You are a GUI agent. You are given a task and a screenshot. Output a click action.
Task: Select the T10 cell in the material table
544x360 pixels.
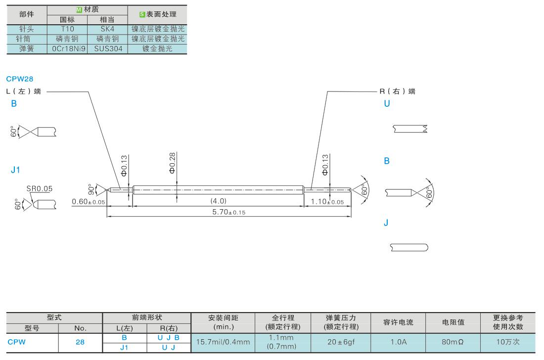point(67,29)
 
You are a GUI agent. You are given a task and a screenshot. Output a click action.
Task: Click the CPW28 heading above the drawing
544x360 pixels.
point(19,79)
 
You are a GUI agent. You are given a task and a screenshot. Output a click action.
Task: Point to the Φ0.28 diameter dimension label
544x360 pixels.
point(172,163)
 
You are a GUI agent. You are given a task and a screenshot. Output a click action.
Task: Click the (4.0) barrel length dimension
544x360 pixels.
point(218,201)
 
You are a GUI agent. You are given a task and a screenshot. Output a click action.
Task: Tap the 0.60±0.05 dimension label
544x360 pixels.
point(89,202)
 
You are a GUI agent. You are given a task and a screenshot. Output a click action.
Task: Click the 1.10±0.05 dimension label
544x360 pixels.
point(327,202)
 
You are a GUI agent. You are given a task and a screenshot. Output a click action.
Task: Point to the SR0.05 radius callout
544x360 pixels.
point(40,188)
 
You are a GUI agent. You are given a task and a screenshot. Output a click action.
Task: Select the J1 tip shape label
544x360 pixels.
point(15,170)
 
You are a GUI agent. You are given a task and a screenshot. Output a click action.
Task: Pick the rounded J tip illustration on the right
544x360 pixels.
point(409,247)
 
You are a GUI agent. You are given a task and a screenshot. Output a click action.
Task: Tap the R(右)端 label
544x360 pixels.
point(397,91)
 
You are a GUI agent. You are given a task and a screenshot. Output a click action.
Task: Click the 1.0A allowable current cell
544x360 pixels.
point(398,342)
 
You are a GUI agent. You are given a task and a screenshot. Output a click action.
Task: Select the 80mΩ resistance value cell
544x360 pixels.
point(453,342)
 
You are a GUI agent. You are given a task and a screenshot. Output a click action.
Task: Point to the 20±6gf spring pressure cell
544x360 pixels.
point(341,342)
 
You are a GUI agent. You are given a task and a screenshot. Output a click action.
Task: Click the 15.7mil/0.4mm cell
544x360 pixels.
point(224,342)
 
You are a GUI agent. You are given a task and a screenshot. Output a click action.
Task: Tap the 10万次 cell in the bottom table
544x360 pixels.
point(508,342)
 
